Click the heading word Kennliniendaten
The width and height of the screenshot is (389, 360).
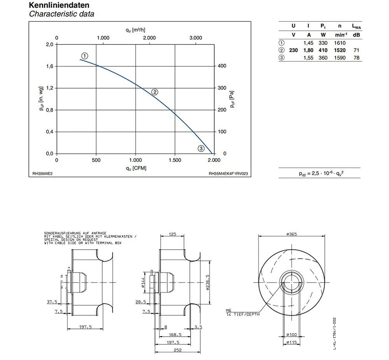59,5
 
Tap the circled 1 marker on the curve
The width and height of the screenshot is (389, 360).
84,56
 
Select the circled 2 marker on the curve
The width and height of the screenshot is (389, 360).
154,92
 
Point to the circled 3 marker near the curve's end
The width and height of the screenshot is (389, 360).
201,149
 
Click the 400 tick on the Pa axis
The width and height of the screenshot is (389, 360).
222,66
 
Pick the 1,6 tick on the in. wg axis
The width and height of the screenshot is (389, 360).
50,66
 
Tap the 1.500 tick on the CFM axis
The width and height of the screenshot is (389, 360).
175,160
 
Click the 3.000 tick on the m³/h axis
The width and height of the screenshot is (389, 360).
196,38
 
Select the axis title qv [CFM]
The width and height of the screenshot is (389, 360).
136,168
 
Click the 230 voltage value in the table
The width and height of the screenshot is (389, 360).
293,50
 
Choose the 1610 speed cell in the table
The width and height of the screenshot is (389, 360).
340,43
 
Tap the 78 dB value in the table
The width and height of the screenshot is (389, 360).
356,58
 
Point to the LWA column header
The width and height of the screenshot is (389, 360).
356,26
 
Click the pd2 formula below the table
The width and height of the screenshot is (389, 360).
321,173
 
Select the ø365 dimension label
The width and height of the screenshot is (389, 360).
291,234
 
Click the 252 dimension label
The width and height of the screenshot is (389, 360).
178,350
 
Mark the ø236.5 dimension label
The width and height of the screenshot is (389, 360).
208,282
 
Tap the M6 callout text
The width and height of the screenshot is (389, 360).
228,310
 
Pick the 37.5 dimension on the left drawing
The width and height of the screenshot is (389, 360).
52,302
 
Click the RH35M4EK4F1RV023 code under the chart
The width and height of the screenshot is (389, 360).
228,174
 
